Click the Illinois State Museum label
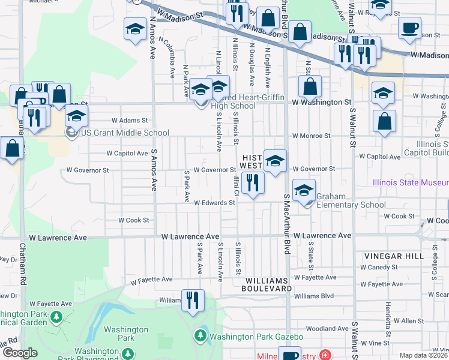click(411, 181)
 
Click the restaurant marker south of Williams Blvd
click(193, 301)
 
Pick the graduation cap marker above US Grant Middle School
click(77, 116)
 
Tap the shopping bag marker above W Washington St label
click(310, 88)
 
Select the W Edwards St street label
click(214, 203)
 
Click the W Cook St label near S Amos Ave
click(133, 220)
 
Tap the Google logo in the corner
click(20, 353)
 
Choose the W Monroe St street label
click(312, 136)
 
